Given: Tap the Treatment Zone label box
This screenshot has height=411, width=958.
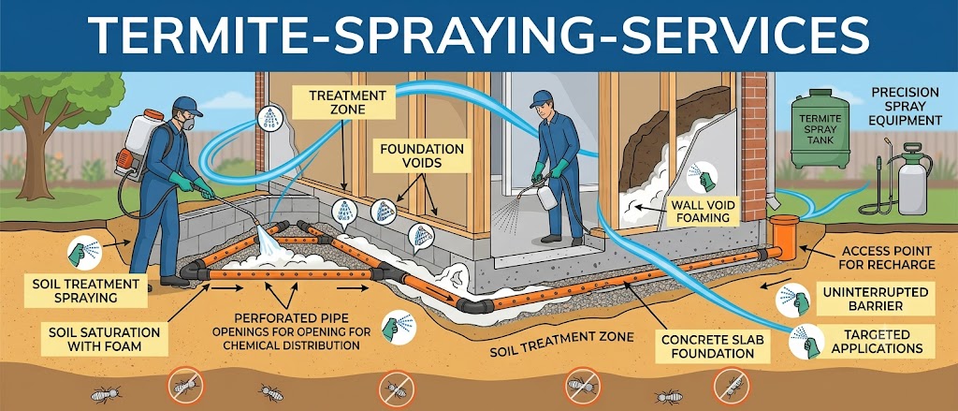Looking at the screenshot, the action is coord(347,102).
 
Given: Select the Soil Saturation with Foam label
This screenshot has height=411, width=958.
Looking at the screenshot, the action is coord(104,340).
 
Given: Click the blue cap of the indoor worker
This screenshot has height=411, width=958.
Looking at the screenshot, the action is coord(542,98).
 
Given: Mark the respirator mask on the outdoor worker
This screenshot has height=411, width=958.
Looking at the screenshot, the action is coord(188,123).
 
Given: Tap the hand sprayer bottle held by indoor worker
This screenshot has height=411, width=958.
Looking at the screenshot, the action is coord(547,197).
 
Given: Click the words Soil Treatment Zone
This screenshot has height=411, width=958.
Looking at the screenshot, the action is coord(562,345).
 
